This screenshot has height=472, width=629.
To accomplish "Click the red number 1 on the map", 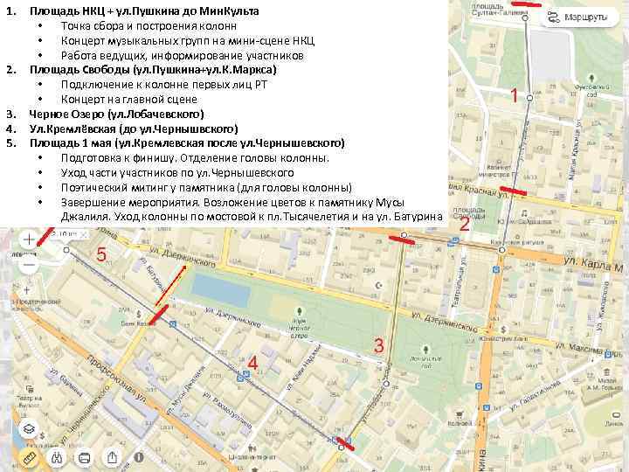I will click(517, 96).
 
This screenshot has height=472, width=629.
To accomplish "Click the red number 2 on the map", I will click(465, 225).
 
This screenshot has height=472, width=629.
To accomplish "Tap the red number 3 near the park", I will click(378, 344).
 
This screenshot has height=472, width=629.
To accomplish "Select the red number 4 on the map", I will click(252, 362).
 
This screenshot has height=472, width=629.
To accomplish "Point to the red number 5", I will click(101, 254).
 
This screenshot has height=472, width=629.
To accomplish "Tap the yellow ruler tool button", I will click(29, 458).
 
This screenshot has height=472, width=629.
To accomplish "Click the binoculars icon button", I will click(57, 458).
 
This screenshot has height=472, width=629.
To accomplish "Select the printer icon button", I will click(85, 458).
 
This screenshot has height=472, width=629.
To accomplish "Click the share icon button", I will click(113, 458).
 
